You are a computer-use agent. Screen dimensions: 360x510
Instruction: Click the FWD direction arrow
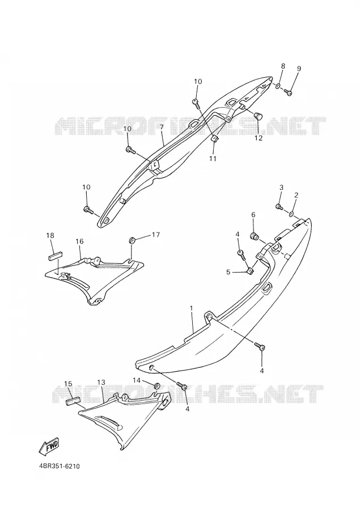[x=49, y=445]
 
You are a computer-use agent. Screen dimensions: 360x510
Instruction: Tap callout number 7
[x=162, y=128]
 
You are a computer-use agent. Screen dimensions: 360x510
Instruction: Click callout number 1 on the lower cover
[x=192, y=308]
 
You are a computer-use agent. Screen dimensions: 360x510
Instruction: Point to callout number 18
[x=50, y=235]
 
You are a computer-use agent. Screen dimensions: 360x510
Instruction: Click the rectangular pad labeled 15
[x=73, y=401]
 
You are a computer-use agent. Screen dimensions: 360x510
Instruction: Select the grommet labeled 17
[x=133, y=241]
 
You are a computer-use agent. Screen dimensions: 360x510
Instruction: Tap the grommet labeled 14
[x=157, y=386]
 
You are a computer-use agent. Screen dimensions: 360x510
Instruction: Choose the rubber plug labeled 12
[x=259, y=115]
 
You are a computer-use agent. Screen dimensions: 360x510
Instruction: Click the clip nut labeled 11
[x=214, y=139]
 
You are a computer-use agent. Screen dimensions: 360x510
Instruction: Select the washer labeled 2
[x=291, y=214]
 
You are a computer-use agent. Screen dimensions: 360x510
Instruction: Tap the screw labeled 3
[x=279, y=206]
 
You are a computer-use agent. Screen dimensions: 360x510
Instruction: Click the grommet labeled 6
[x=254, y=236]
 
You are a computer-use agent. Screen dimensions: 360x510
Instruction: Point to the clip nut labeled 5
[x=251, y=271]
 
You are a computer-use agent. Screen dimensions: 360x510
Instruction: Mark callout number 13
[x=101, y=381]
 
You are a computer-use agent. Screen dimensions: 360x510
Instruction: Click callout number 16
[x=80, y=241]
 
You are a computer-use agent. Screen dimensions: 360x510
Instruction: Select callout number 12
[x=258, y=138]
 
